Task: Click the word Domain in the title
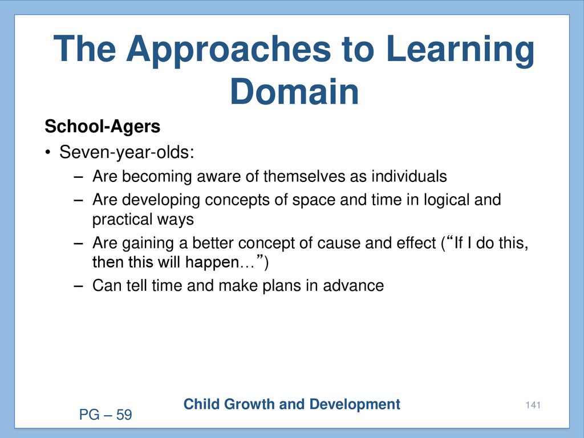click(295, 91)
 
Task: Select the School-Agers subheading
click(103, 127)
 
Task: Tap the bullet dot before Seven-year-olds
click(47, 153)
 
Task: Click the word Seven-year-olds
click(127, 152)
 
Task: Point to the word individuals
click(409, 176)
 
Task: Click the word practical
click(122, 220)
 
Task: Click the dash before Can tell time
click(78, 286)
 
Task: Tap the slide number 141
click(533, 405)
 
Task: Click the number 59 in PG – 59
click(124, 415)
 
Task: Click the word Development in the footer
click(355, 405)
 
